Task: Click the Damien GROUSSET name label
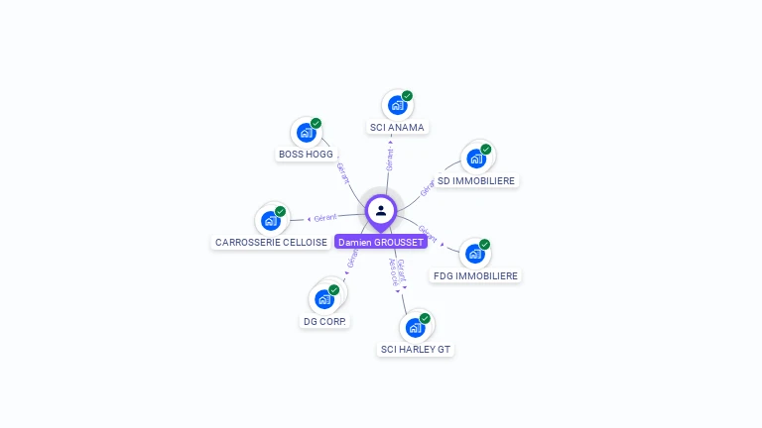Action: (x=380, y=242)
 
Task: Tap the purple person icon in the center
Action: (x=381, y=210)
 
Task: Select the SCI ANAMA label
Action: (x=397, y=128)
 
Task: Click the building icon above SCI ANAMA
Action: (x=397, y=105)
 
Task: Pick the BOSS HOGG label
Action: (x=306, y=155)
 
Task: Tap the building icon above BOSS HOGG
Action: (x=306, y=132)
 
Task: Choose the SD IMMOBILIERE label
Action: (x=476, y=181)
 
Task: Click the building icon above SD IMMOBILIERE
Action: (x=476, y=159)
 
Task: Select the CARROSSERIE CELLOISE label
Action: (x=271, y=243)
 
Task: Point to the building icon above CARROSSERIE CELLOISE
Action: (x=270, y=220)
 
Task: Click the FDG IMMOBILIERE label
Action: (x=476, y=276)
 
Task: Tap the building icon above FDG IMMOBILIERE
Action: (x=475, y=254)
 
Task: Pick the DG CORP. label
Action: (x=324, y=322)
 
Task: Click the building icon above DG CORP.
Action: (x=323, y=298)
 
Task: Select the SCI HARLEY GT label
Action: (x=417, y=350)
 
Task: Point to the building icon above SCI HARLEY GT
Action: (x=416, y=327)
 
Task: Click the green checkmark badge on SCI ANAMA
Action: (x=407, y=96)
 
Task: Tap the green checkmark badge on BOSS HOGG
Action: (x=316, y=124)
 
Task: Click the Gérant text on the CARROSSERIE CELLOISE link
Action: (x=325, y=217)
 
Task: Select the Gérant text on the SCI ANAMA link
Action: (x=390, y=159)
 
